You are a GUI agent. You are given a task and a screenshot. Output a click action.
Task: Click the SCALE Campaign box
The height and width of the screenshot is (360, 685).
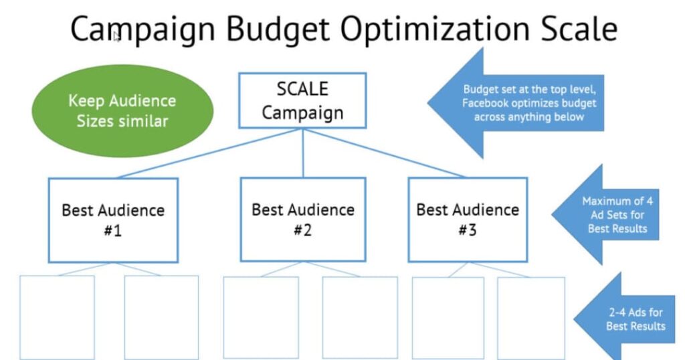[x=302, y=100]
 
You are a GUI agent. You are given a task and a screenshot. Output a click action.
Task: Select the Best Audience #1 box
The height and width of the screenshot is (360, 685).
[x=113, y=220]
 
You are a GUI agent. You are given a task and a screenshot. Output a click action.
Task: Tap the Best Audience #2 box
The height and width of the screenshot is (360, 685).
[x=303, y=219]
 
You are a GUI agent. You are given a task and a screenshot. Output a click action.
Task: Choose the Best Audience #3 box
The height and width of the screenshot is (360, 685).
[x=468, y=219]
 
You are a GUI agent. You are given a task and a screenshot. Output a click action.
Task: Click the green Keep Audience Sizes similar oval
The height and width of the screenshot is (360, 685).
[x=122, y=111]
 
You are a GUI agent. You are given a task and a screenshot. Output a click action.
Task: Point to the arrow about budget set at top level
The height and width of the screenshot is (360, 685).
[x=516, y=103]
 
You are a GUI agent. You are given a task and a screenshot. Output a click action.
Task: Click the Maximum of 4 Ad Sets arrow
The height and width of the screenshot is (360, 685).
[x=605, y=215]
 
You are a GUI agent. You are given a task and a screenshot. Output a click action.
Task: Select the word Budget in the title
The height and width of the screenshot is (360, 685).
[x=278, y=29]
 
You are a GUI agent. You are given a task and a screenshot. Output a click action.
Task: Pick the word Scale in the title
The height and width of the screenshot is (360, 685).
[x=579, y=29]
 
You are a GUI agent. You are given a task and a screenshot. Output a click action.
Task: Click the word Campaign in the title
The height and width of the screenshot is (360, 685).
[x=143, y=29]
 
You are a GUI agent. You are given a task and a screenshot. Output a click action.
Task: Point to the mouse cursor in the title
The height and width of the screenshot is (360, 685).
[x=116, y=37]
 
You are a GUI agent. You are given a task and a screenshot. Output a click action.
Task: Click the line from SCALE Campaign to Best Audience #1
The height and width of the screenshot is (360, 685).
[x=209, y=153]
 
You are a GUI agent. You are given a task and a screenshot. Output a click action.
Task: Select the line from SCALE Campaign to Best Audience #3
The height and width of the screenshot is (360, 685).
[x=385, y=153]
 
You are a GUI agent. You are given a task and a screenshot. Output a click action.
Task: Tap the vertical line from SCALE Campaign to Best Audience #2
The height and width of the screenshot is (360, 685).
[x=303, y=153]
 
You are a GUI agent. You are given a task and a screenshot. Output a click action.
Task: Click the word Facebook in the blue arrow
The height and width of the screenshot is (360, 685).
[x=484, y=103]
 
